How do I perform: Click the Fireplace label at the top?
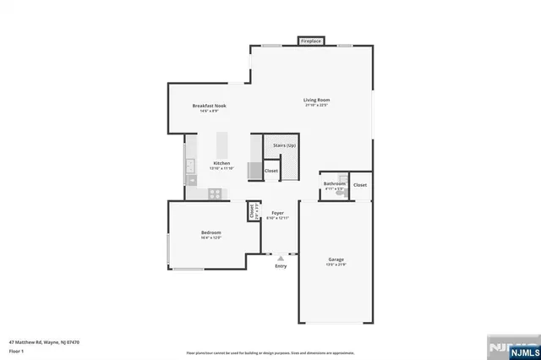coord(310,41)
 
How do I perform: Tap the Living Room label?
coord(317,101)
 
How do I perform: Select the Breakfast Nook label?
coord(209,106)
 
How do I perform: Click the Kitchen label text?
coord(221,162)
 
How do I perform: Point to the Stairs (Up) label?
coord(285,145)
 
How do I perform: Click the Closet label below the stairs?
coord(271,171)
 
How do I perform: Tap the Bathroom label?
coord(335,183)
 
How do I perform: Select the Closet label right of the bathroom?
coord(360,184)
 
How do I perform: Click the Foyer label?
coord(277,213)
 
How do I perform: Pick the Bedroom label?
coord(210,232)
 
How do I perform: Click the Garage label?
coord(336,259)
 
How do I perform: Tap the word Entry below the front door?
coord(281,266)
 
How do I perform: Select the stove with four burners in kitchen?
coord(216,194)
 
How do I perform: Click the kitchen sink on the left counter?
coord(190,165)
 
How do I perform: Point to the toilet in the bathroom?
coord(339,194)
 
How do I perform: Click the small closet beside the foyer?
coord(252,211)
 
